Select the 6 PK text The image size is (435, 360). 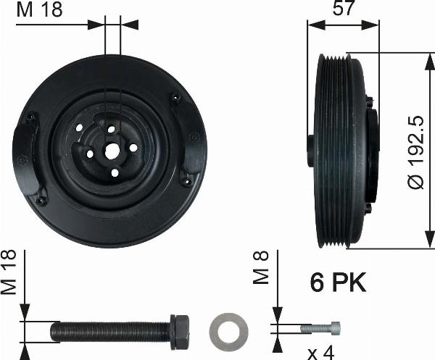click(338, 282)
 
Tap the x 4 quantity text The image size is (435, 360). click(322, 353)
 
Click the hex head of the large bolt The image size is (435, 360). click(179, 331)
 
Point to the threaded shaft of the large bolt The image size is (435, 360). click(109, 331)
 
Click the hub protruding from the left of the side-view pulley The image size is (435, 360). click(311, 149)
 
